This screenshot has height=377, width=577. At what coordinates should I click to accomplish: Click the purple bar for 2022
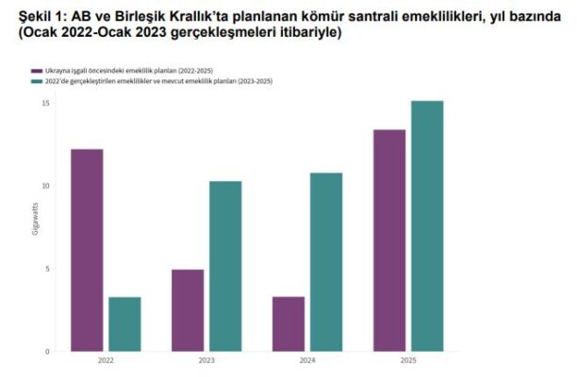pos(87,250)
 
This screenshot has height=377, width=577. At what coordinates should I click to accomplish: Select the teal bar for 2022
pos(124,324)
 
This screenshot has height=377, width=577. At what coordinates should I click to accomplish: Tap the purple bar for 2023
pos(188,310)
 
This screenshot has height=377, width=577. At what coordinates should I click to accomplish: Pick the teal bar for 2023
pos(225,266)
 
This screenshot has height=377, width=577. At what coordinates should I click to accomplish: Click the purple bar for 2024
pos(288,324)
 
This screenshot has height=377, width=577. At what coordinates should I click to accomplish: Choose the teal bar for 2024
pos(326,262)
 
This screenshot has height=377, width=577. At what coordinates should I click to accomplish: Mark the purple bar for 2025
pos(389,240)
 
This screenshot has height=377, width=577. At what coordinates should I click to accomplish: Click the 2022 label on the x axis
pos(106,361)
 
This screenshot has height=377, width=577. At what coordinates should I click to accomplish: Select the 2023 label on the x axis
pos(206,361)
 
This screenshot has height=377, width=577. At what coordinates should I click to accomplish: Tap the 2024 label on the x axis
pos(307,361)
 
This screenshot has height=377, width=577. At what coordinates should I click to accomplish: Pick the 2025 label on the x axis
pos(408,361)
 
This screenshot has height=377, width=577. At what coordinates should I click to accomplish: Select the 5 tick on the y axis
pos(46,269)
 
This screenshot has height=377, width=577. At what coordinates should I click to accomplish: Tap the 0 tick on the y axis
pos(46,352)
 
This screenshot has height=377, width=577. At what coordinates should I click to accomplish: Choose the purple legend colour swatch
pos(36,71)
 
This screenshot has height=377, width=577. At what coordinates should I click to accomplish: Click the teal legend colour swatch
pos(36,82)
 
